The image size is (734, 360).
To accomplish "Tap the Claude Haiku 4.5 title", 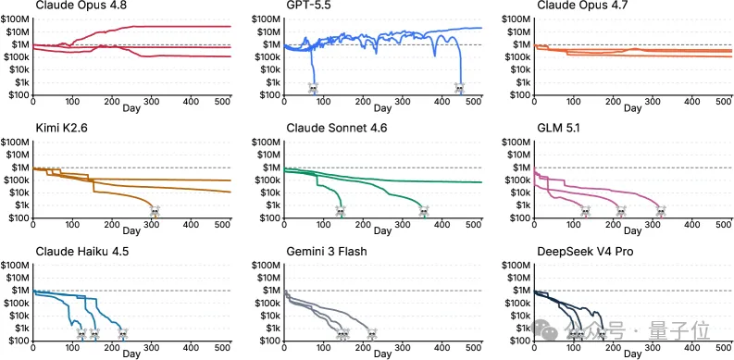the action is pos(82,252).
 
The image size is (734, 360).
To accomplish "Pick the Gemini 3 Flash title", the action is pos(327,252).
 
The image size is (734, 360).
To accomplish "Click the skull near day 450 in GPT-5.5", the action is pos(460,88).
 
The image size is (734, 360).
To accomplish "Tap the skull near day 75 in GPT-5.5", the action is pos(313,88).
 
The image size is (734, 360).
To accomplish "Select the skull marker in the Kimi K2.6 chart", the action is pos(155,211).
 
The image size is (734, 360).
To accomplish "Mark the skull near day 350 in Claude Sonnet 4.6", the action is pos(424,211).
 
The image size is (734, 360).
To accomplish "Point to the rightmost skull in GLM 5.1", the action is pos(661,211).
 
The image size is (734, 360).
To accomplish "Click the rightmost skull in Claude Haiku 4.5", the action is pos(123,334).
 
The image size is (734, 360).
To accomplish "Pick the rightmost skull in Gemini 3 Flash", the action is pos(372,334).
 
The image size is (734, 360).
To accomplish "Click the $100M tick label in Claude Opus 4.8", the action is pos(16,19).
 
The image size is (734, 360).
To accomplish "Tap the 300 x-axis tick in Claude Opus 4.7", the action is pos(653,102).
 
